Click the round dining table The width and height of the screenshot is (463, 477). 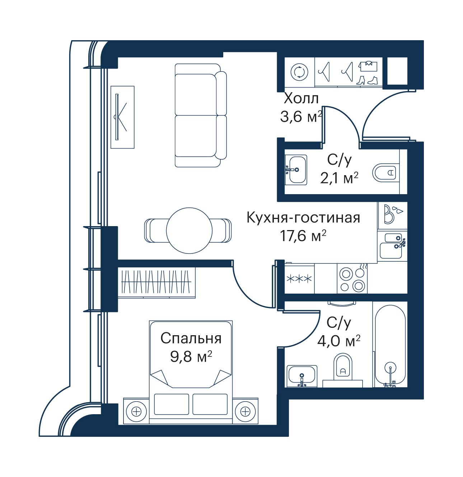(189, 230)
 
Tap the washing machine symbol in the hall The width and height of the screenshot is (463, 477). (299, 72)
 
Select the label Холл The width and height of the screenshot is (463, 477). (301, 99)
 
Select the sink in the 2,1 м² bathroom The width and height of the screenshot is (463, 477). (296, 170)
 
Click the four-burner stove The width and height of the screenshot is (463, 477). (352, 279)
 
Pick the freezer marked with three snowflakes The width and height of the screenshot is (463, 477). (299, 279)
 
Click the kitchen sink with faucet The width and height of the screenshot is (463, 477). (392, 246)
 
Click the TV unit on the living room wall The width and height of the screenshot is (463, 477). (122, 117)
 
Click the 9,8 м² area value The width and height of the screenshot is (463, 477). (191, 357)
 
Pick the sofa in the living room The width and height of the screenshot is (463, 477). (201, 115)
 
